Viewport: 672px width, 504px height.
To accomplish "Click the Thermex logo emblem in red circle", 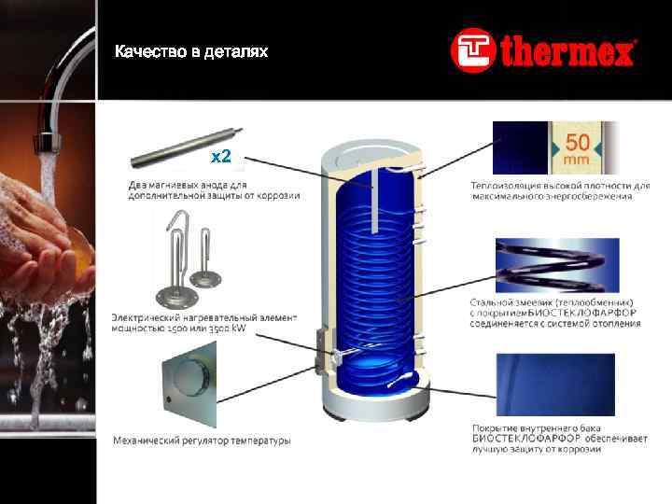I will [x=471, y=50].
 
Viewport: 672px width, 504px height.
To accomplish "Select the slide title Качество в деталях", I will [x=191, y=51].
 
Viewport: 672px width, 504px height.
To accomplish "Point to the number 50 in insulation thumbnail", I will [x=577, y=143].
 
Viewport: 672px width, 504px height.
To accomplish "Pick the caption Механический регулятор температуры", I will [x=202, y=440].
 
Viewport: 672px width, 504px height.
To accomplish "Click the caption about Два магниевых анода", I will [x=214, y=190].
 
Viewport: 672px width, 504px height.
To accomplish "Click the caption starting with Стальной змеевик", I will [x=555, y=313].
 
